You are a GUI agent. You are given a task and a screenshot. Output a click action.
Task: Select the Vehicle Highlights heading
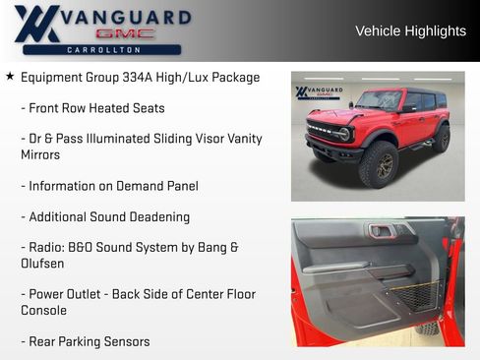click(x=410, y=31)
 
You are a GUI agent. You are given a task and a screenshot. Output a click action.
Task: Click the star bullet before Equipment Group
click(x=10, y=77)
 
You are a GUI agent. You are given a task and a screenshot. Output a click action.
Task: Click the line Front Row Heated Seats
click(x=92, y=108)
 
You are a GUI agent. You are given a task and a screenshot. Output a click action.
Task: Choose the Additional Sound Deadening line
click(x=105, y=216)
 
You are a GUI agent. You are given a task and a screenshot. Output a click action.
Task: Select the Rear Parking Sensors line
click(x=86, y=341)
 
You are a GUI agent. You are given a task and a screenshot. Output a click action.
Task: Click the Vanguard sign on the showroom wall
click(x=319, y=92)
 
